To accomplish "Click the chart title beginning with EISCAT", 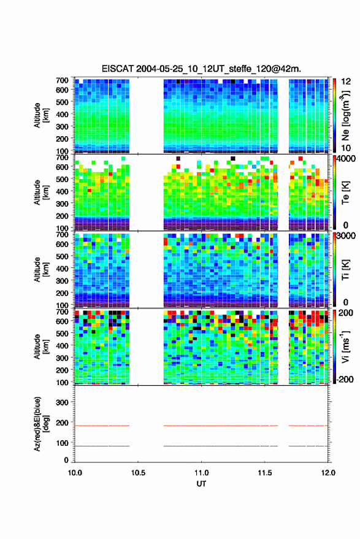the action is (201, 69).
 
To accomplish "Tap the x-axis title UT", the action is (201, 484).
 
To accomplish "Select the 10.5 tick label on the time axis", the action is (138, 473).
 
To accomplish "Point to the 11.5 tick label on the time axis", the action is (264, 473).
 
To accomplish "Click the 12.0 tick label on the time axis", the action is (328, 473).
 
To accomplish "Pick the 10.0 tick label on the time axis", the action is (75, 473).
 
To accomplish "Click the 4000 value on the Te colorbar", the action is (347, 159).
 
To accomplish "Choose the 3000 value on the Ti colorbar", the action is (347, 236).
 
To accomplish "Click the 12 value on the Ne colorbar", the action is (346, 82).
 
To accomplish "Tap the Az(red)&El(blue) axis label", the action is (41, 424).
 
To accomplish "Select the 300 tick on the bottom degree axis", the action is (62, 402).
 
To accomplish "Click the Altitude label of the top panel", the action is (41, 115).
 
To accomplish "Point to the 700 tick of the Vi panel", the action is (62, 312).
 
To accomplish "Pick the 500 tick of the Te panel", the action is (62, 179).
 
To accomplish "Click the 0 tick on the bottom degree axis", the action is (66, 460).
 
